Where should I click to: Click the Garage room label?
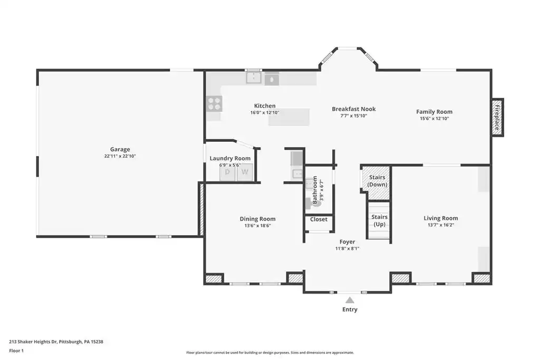tap(120, 149)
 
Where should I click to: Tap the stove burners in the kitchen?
tap(214, 104)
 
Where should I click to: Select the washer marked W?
tap(245, 172)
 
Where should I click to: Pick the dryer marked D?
tap(228, 172)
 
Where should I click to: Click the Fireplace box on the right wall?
tap(497, 118)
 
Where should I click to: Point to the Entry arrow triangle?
tap(350, 300)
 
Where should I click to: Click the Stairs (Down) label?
tap(377, 181)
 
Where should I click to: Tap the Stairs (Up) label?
tap(380, 221)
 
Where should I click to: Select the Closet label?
tap(319, 219)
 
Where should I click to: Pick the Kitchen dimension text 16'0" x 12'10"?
tap(265, 113)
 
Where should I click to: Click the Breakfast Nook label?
tap(354, 109)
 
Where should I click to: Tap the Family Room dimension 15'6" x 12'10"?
tap(435, 119)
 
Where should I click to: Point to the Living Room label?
tap(441, 218)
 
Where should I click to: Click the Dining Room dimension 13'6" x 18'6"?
tap(257, 226)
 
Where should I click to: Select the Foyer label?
tap(347, 242)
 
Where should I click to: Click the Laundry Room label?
tap(230, 158)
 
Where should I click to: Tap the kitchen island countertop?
tap(289, 117)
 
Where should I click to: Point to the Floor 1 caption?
tap(16, 351)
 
